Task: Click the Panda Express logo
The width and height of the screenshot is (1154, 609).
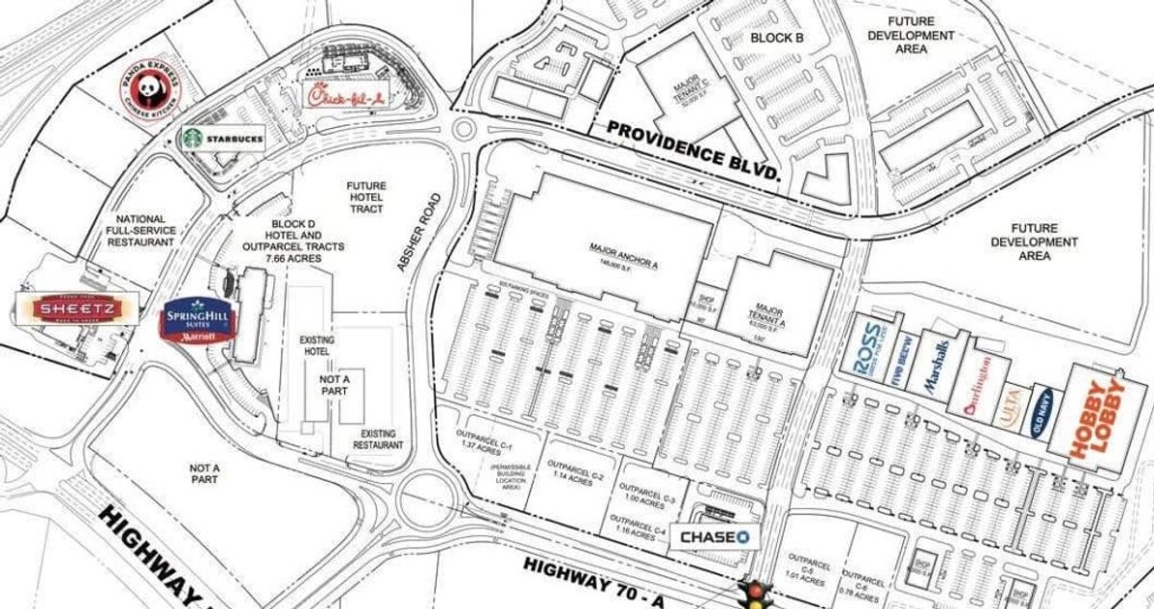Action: [149, 93]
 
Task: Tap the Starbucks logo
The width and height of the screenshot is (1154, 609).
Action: [222, 139]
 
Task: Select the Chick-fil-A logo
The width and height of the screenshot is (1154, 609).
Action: [343, 96]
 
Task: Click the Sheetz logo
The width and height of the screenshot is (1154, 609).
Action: [77, 309]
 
